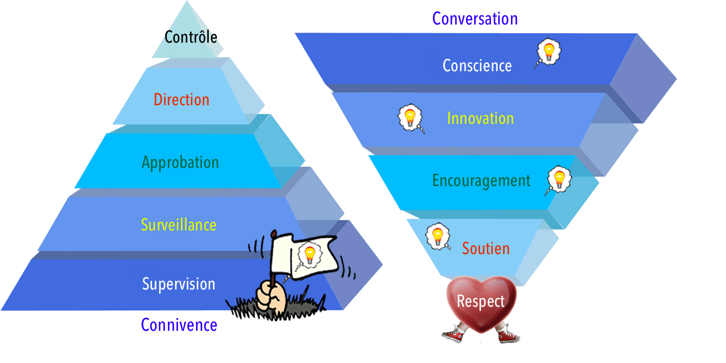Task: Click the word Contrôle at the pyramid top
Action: click(x=191, y=37)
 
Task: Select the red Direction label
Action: click(x=181, y=99)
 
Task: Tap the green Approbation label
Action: click(x=180, y=162)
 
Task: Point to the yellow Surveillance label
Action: click(x=179, y=225)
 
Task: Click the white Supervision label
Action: click(x=179, y=284)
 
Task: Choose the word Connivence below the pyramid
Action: click(x=179, y=325)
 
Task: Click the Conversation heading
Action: click(x=475, y=19)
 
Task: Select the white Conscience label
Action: click(x=477, y=65)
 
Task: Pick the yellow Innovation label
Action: click(x=481, y=118)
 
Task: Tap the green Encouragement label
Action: click(x=481, y=181)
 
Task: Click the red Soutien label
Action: click(x=486, y=249)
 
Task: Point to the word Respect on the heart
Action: click(x=481, y=301)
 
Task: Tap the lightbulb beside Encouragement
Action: click(x=559, y=180)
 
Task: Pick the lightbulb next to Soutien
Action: click(x=438, y=236)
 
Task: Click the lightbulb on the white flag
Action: click(x=309, y=255)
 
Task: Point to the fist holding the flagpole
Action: click(x=271, y=296)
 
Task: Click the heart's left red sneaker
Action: click(x=453, y=334)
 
